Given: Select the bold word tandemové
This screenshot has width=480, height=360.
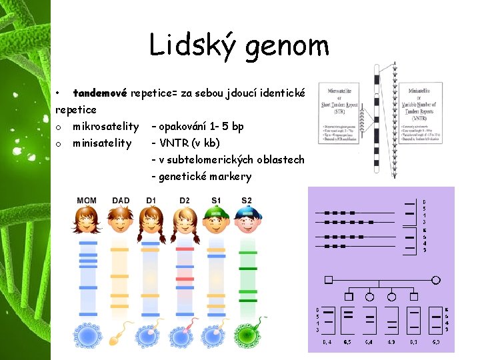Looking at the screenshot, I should point(100,92).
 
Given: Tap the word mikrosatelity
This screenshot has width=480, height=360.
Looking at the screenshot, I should point(105,126).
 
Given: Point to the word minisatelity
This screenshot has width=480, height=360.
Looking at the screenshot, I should point(102,143).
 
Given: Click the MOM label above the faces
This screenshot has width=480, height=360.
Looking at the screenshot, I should point(87,201).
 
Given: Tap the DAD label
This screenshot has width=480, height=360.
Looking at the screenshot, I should point(121,201).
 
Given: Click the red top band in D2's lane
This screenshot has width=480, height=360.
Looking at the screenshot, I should point(185,249).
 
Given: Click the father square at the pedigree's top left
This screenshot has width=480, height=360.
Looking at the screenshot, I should point(328,280).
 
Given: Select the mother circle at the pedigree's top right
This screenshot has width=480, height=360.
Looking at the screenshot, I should point(437,280).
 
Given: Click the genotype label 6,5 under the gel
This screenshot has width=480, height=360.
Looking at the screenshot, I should point(347,342).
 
